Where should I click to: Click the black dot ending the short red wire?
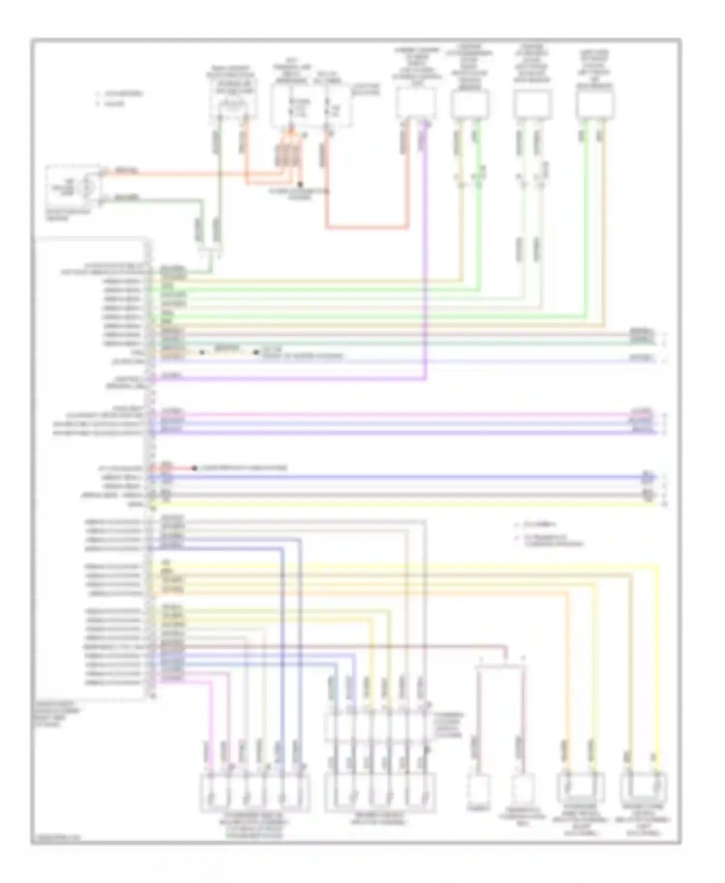tap(194, 468)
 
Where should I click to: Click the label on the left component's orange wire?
tap(126, 171)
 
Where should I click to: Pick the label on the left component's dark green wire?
tap(127, 198)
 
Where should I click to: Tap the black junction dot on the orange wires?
tap(300, 184)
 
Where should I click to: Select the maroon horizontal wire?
tap(338, 646)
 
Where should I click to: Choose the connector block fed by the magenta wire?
tap(255, 792)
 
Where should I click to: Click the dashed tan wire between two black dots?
tap(229, 352)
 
